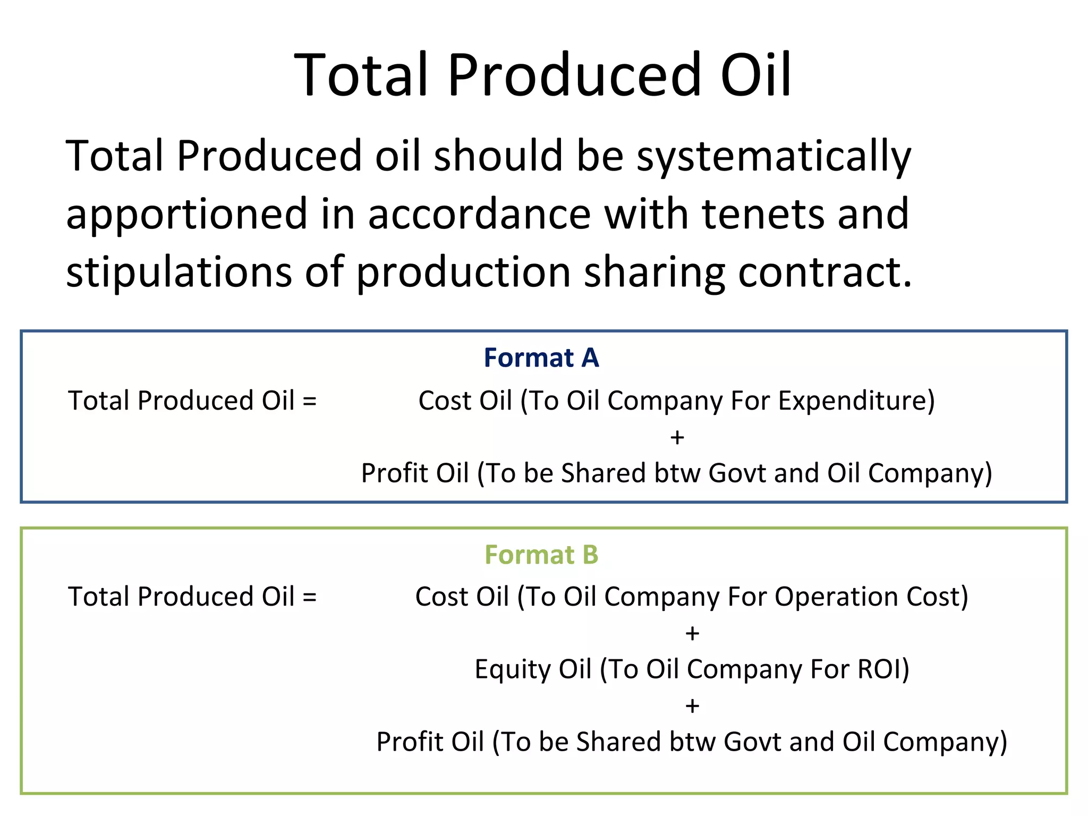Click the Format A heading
[x=541, y=358]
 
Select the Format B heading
[x=541, y=555]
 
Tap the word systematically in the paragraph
[x=773, y=157]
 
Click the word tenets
[x=762, y=214]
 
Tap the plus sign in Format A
[x=677, y=437]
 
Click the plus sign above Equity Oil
[x=692, y=633]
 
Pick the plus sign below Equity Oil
[x=692, y=706]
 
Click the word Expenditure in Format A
[x=855, y=401]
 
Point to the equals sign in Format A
[x=310, y=401]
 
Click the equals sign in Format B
[x=310, y=597]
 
